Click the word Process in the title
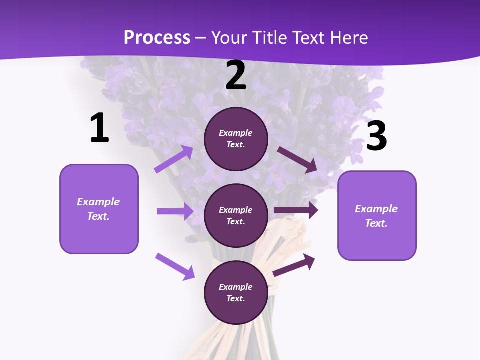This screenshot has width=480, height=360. point(157,38)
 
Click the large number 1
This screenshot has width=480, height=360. point(99,128)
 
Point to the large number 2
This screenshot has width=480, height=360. point(236,76)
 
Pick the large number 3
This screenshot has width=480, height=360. point(376,136)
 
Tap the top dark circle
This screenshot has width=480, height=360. point(236,139)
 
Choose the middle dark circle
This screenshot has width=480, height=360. point(236,215)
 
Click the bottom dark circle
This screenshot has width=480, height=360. point(236,292)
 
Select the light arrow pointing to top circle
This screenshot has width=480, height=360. point(173,159)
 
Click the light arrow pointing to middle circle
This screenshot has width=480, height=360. point(175,211)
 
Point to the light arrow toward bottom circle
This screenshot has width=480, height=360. point(175,266)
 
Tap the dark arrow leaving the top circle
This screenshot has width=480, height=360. point(297,160)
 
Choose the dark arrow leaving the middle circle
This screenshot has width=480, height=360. point(296,210)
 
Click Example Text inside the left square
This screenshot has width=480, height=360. point(98,209)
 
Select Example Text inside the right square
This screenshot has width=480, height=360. point(376,216)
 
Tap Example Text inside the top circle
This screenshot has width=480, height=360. point(236,139)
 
